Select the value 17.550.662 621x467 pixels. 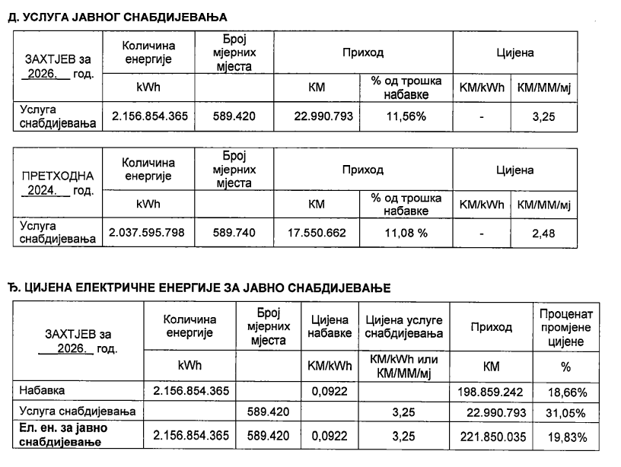316,233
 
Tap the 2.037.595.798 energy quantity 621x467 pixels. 148,233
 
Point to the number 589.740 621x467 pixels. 232,233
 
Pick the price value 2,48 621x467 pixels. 543,233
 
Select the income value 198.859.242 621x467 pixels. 491,391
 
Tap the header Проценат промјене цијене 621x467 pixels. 565,327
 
